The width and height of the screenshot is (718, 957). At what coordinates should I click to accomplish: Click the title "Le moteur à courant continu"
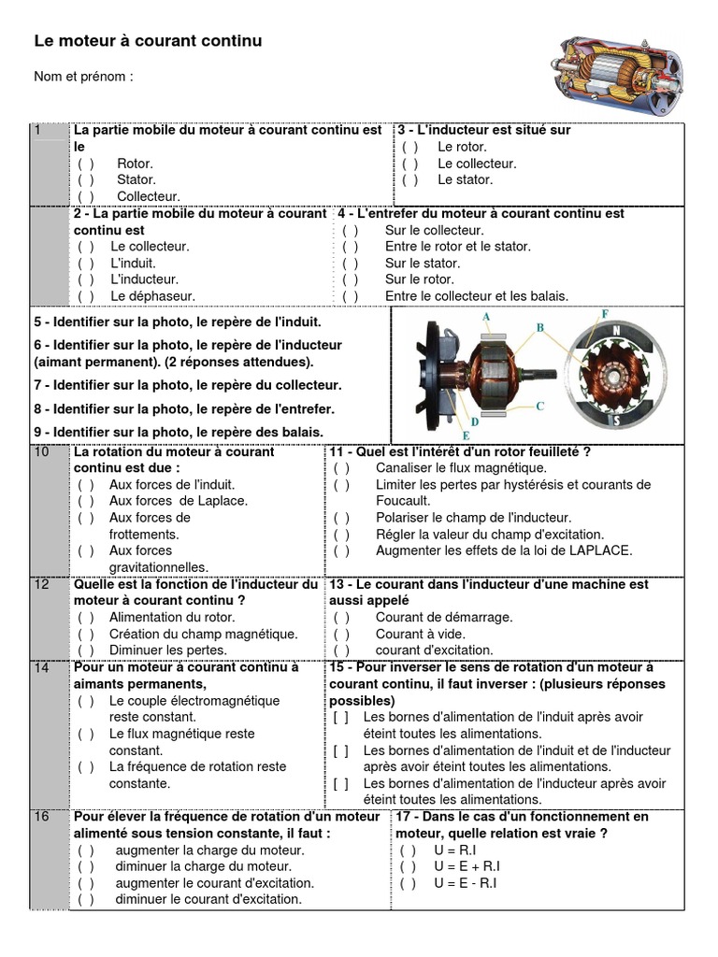(148, 41)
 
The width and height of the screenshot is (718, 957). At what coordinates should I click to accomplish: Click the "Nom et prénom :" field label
(84, 77)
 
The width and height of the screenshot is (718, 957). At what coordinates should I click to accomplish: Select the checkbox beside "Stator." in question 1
(86, 179)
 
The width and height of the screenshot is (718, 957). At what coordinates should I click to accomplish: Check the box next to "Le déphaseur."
(86, 296)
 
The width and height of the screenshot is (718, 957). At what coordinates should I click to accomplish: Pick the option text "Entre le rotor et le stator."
(457, 247)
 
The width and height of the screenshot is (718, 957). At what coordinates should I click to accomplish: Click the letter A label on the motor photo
(486, 317)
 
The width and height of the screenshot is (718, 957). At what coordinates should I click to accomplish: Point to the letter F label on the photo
(605, 313)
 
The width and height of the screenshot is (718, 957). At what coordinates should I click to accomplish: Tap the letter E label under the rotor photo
(466, 435)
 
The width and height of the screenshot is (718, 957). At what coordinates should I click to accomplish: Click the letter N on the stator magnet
(616, 331)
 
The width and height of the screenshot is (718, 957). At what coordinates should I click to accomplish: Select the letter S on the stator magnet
(616, 422)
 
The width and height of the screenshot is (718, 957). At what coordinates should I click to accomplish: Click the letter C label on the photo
(539, 406)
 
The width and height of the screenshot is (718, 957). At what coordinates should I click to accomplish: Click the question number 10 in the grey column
(41, 452)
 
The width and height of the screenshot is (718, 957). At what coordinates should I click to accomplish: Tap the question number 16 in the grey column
(41, 817)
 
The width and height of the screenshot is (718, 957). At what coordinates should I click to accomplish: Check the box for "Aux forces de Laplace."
(86, 501)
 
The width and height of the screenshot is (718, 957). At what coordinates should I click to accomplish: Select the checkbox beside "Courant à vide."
(341, 634)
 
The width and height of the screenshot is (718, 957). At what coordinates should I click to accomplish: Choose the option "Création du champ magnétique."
(203, 634)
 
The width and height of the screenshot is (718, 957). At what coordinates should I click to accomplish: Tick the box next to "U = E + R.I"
(409, 866)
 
